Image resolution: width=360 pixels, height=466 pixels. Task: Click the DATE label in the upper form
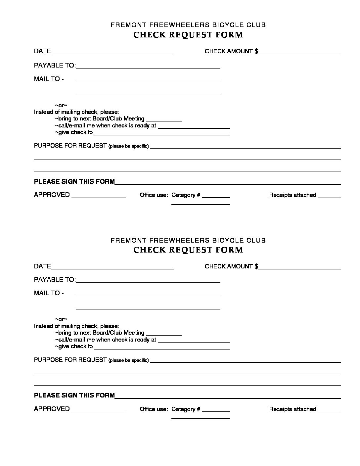tap(42, 51)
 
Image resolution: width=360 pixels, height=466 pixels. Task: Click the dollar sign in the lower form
tap(256, 266)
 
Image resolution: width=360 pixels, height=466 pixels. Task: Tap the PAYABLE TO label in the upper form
tap(55, 65)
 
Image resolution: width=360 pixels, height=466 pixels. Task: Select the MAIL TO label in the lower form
tap(49, 293)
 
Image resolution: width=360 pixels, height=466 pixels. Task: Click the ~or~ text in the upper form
tap(61, 105)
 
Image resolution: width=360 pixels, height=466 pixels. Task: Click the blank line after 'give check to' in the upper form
tap(162, 135)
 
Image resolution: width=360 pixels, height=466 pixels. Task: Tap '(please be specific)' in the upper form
tap(129, 146)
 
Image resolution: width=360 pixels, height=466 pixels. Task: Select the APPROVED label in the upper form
tap(52, 195)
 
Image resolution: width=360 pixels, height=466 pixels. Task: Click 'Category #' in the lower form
tap(186, 409)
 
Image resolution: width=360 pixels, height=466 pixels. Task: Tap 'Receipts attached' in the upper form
tap(292, 195)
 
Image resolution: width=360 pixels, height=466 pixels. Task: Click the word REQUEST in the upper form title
tap(191, 35)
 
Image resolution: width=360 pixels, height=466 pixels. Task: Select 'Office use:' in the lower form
tap(154, 409)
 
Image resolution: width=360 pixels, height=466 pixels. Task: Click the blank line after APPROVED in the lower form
tap(99, 411)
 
